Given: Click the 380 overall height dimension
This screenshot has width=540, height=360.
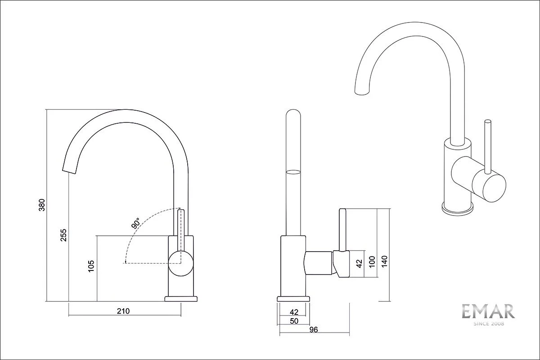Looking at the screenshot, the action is click(42, 205).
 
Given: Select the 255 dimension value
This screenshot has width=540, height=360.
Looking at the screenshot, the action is click(63, 235).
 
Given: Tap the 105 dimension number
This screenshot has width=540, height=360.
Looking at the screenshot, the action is click(91, 266).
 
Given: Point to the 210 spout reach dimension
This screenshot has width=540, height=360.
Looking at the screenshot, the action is click(123, 311).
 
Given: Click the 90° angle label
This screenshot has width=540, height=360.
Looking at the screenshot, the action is click(136, 223).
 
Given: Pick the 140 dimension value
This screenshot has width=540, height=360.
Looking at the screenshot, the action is click(384, 261).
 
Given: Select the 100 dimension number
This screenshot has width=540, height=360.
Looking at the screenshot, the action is click(372, 261).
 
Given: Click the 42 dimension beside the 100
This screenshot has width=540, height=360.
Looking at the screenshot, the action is click(359, 264).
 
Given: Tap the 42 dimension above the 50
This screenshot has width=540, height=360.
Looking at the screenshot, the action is click(294, 312).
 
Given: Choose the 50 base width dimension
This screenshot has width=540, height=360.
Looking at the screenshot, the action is click(294, 321).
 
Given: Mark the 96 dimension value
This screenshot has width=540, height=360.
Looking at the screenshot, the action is click(314, 330).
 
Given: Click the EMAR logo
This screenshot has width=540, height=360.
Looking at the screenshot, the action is click(488, 312).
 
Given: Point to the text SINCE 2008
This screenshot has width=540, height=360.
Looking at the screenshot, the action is click(489, 324).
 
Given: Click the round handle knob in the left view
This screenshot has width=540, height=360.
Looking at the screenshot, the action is click(181, 263).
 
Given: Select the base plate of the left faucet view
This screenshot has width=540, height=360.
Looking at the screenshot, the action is click(181, 299).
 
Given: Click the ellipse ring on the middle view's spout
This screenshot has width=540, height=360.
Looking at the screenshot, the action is click(293, 172).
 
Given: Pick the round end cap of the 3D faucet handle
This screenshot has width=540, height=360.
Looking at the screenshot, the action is click(489, 188).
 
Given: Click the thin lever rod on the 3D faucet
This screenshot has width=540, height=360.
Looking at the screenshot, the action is click(488, 147).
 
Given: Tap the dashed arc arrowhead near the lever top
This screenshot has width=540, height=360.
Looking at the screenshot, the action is click(180, 208).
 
